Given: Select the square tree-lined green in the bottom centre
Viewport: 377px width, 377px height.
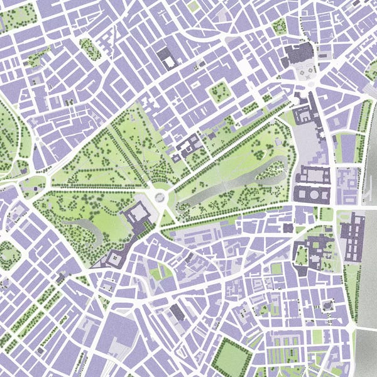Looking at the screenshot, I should point(231,358).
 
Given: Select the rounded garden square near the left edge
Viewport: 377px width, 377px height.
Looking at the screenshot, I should point(9,254).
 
